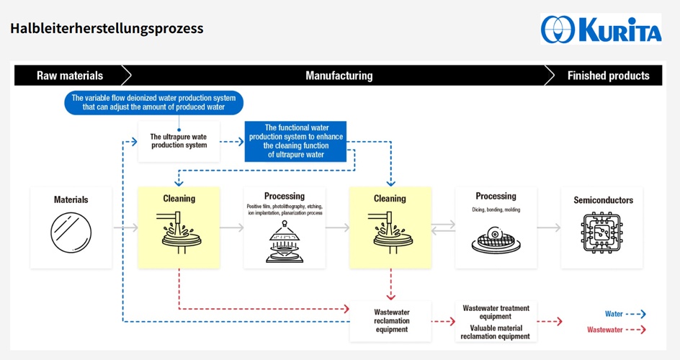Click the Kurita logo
click(x=601, y=29)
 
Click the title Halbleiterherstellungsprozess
click(x=107, y=29)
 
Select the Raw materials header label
click(x=70, y=76)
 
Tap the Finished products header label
click(x=608, y=76)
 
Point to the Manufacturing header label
click(x=339, y=76)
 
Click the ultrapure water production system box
click(x=179, y=141)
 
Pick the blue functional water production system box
click(x=296, y=141)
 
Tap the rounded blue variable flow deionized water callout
click(x=154, y=102)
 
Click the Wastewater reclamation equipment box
click(x=391, y=320)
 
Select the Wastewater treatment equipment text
click(x=496, y=312)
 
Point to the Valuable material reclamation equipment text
click(x=496, y=332)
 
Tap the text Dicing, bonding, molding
click(x=496, y=210)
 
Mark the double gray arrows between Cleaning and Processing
click(x=443, y=227)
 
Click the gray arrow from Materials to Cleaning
click(x=125, y=228)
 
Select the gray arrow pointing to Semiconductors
click(x=549, y=228)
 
